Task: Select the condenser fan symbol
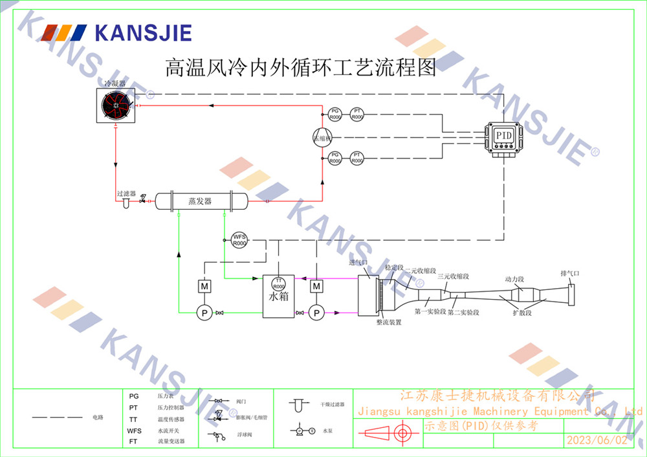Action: click(117, 106)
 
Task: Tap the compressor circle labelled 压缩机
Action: click(322, 137)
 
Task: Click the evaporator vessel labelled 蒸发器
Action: click(201, 201)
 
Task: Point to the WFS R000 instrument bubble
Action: click(239, 240)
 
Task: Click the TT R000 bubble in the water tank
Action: click(278, 284)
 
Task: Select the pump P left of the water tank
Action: click(204, 313)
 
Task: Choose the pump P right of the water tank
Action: click(316, 313)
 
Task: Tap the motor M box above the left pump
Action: click(204, 285)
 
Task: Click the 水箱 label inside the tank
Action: click(278, 298)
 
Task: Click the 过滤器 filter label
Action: click(126, 194)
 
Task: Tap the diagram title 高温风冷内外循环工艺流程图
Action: click(301, 68)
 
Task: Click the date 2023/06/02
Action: click(597, 440)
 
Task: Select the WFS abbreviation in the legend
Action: click(134, 430)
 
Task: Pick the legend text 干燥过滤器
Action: click(332, 404)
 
